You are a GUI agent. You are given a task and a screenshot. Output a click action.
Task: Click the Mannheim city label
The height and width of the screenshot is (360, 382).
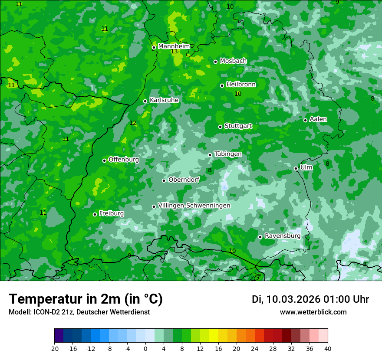coord(174,46)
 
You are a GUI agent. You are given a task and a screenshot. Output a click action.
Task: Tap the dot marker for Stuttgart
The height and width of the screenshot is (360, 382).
coord(220,127)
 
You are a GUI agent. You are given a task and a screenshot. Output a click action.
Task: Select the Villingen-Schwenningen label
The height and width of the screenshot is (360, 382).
coord(194,206)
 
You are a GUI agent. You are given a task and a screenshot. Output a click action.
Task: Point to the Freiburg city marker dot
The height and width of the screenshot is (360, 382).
coord(95,214)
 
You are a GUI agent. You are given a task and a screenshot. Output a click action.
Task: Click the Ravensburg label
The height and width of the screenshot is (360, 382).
coord(283,236)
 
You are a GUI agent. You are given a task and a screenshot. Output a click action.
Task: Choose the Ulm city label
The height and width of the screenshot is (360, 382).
coord(306,167)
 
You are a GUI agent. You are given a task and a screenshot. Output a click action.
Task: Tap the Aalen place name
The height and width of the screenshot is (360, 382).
coord(318,119)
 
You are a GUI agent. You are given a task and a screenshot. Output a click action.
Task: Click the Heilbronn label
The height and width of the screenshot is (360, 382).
coord(241,85)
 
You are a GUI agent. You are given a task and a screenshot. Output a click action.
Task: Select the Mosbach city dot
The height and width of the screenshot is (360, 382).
coord(215,62)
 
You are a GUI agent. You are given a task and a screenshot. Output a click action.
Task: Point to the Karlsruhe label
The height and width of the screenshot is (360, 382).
coord(164,100)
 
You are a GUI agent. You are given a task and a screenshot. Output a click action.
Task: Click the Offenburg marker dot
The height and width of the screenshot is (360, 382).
coord(104,160)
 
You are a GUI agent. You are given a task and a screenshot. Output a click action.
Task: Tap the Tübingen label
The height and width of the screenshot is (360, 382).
coord(228,154)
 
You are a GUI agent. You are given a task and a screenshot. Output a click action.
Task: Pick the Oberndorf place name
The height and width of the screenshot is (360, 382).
coord(184,180)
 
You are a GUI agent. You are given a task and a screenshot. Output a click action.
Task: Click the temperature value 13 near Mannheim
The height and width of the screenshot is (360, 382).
coord(174,52)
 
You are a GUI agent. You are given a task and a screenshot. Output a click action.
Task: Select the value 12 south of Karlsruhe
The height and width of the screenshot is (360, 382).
coord(133,123)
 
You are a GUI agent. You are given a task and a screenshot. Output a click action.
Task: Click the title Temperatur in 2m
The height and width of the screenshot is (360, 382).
coord(86,299)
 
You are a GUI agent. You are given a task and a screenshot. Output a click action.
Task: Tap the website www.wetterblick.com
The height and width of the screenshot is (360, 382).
coord(313,312)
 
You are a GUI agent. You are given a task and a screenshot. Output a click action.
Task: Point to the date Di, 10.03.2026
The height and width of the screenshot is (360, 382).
coord(286,299)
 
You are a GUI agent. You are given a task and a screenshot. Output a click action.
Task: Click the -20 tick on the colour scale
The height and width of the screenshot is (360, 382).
coord(54,348)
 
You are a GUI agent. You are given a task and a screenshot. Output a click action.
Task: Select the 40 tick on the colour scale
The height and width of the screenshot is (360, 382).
coord(328,348)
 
